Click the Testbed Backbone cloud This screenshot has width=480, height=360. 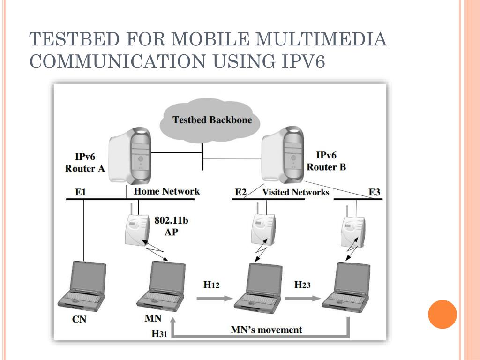click(210, 120)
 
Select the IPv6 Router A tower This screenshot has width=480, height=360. click(130, 156)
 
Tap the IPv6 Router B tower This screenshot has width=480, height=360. click(283, 155)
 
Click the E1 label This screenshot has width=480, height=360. click(81, 192)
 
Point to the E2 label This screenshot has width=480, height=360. click(240, 192)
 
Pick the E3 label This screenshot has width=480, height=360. click(375, 192)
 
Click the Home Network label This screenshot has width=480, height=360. click(166, 191)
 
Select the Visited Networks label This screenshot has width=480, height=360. click(296, 192)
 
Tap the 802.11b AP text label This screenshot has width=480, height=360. click(171, 226)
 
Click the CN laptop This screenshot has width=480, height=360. click(82, 286)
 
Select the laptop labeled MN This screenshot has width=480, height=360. click(161, 286)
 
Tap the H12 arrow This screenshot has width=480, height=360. click(215, 298)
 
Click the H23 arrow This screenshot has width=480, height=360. click(303, 298)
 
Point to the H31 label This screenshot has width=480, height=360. click(159, 334)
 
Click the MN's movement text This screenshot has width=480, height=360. click(266, 330)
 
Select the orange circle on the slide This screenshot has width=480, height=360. click(442, 314)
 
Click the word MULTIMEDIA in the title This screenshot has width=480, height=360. click(321, 39)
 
